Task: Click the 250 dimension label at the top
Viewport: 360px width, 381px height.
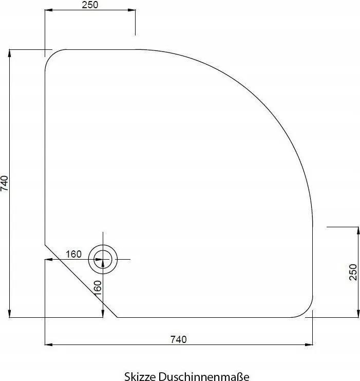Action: tap(90, 5)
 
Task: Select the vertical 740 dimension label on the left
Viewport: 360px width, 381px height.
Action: tap(5, 184)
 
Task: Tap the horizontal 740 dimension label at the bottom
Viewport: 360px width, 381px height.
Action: tap(178, 339)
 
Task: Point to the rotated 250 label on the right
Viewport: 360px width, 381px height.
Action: tap(353, 272)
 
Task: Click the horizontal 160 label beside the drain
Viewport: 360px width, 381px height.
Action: tap(73, 255)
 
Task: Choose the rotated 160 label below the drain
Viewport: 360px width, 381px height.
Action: tap(97, 288)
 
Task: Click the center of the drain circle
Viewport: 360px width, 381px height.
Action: tap(103, 260)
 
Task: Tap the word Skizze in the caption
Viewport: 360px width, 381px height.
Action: tap(140, 376)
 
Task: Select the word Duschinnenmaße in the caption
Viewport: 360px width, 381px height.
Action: tap(204, 376)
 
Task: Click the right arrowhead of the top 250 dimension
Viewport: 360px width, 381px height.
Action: tap(131, 10)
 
